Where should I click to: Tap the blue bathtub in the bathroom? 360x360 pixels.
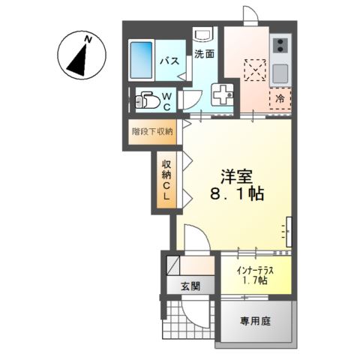(143, 56)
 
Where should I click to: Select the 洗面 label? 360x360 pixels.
(205, 53)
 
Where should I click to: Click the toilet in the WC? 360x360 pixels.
(148, 100)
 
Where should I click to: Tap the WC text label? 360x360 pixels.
(167, 100)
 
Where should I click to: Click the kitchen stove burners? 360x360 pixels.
(280, 47)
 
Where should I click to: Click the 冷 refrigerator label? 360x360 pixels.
(279, 97)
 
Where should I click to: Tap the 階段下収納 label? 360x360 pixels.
(152, 130)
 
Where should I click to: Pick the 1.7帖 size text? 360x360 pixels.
(253, 280)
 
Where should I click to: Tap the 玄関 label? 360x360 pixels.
(190, 285)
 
